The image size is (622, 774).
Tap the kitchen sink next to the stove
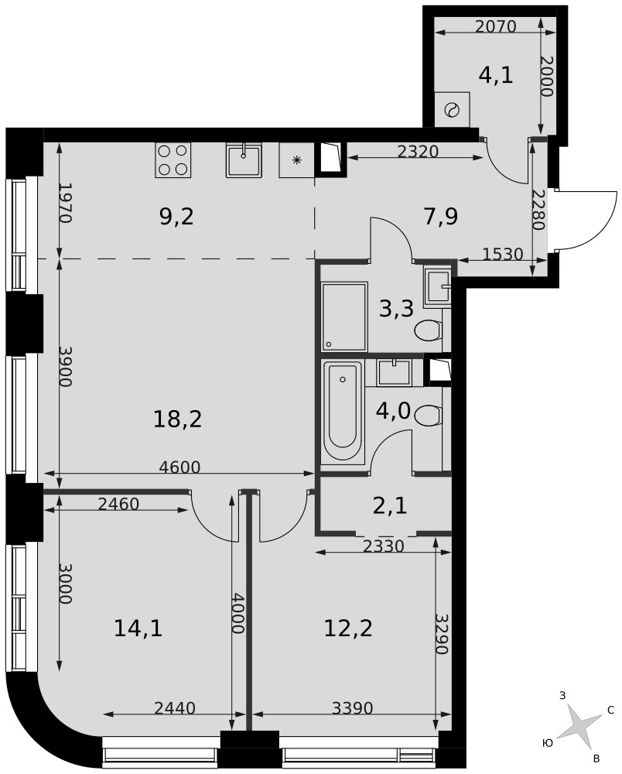(x=244, y=160)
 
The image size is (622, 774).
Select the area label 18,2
(x=178, y=420)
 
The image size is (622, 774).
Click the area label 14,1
(x=138, y=628)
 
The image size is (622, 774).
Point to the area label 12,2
(x=348, y=628)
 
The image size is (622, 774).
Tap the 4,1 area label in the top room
(x=496, y=76)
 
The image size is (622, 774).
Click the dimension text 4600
(x=179, y=467)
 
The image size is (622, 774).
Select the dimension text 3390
(x=352, y=708)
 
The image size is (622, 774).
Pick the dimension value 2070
(x=495, y=26)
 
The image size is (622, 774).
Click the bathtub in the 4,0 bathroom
(x=342, y=412)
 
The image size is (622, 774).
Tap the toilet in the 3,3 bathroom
(x=428, y=330)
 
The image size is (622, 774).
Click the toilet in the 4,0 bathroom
(x=428, y=415)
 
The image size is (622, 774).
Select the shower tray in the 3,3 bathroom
(x=344, y=317)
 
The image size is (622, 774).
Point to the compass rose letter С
(x=610, y=711)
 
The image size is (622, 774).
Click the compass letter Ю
(x=547, y=743)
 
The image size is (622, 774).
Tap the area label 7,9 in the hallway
(x=441, y=216)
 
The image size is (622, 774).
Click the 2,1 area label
(x=390, y=506)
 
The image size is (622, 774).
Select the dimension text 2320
(x=418, y=151)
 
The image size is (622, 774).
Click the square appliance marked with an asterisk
(x=296, y=160)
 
